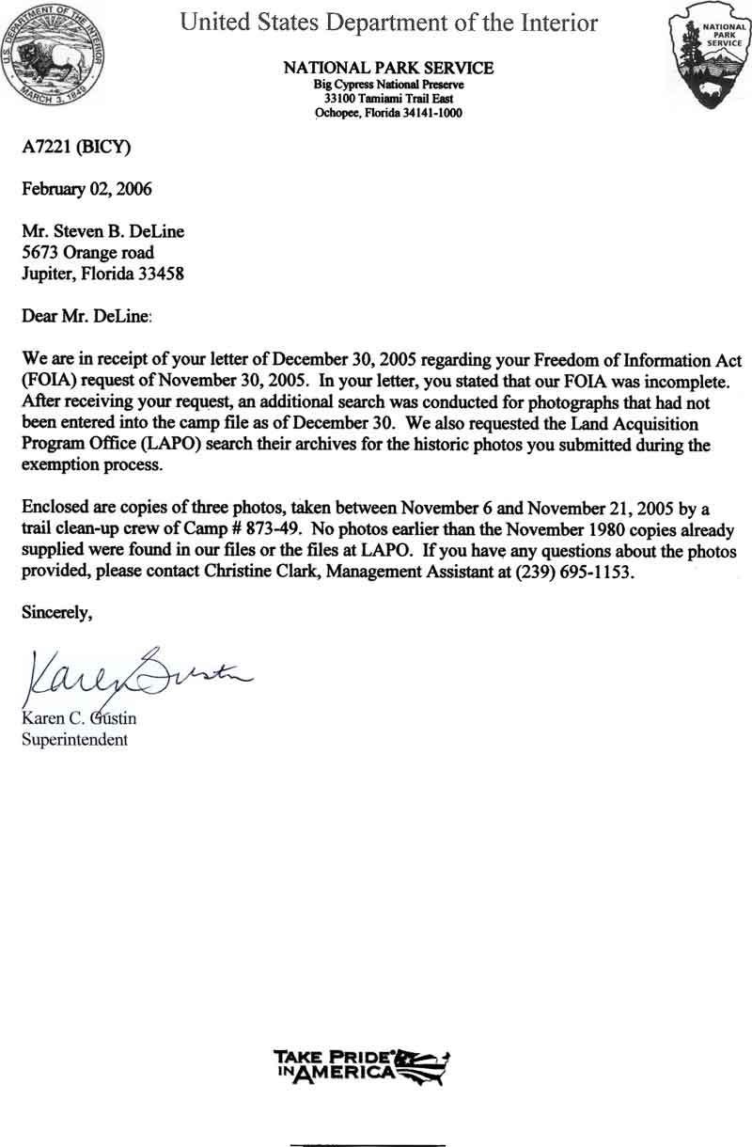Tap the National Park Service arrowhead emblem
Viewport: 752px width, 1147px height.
click(711, 55)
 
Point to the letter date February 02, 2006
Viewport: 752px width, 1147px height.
click(86, 188)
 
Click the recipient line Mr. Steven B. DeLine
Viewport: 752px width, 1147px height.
click(102, 232)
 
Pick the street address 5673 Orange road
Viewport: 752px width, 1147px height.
click(87, 253)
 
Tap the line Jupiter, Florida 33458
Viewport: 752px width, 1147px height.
click(102, 275)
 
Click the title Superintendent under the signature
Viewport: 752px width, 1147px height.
click(74, 739)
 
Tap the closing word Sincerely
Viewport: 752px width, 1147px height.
click(57, 614)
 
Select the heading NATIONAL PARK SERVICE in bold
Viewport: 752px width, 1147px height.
click(388, 69)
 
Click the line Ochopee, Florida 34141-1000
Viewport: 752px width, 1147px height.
click(388, 114)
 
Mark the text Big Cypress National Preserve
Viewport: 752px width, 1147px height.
click(388, 84)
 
